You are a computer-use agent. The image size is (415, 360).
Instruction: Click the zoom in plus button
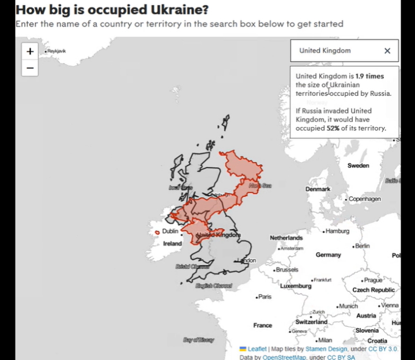tap(30, 51)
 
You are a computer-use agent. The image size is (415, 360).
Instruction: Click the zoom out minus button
tap(30, 68)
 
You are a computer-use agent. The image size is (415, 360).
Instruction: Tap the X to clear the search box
tap(387, 51)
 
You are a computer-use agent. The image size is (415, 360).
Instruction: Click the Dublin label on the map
tap(170, 231)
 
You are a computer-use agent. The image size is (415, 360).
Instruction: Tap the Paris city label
tap(264, 297)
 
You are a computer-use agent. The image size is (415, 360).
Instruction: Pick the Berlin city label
tap(361, 246)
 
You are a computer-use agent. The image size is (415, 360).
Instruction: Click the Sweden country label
tap(358, 166)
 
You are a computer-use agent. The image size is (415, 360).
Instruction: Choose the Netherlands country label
tap(286, 238)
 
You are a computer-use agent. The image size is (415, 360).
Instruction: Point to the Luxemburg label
tap(296, 286)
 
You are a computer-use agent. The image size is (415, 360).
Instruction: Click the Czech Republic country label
tap(373, 290)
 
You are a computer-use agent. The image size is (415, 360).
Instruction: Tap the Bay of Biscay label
tap(198, 340)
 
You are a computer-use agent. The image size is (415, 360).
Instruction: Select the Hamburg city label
tap(337, 231)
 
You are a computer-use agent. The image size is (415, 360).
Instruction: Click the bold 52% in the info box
tap(333, 128)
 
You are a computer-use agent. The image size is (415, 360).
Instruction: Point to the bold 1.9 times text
tap(369, 76)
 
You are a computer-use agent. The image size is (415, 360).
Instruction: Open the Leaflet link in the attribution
tap(256, 349)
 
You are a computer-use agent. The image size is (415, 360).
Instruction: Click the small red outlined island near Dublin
tap(157, 232)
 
